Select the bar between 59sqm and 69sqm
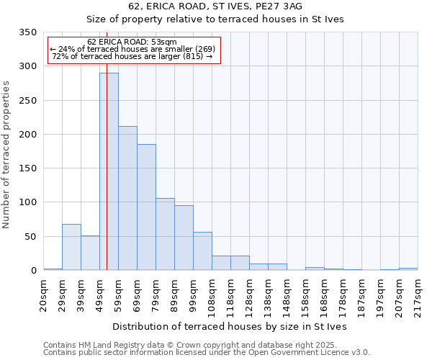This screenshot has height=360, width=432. [x=127, y=198]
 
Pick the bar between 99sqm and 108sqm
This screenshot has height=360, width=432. [x=202, y=251]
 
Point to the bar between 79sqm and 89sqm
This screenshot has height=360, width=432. [x=165, y=234]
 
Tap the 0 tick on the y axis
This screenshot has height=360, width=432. [x=33, y=271]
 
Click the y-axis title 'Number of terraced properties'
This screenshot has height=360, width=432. [x=6, y=154]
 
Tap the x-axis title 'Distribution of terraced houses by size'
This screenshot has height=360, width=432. [x=230, y=326]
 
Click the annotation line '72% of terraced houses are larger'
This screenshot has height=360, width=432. [x=132, y=56]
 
